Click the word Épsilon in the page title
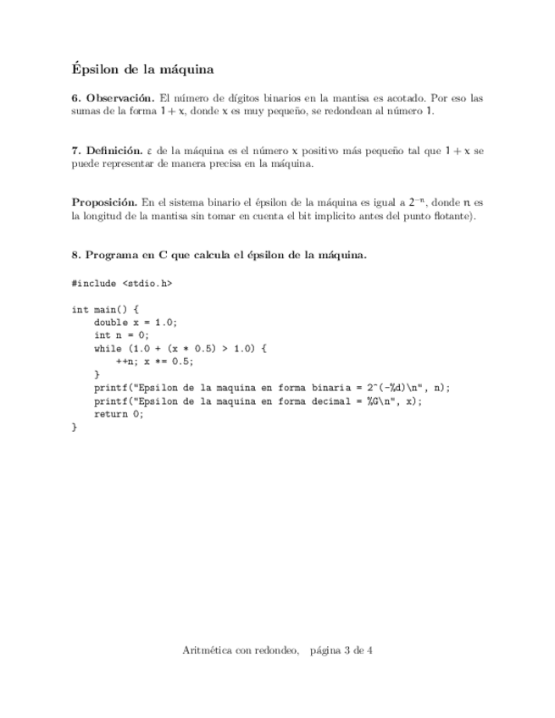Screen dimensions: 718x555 point(96,68)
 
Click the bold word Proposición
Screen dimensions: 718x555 point(104,203)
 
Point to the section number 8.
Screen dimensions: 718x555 point(75,255)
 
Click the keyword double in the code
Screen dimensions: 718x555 point(111,323)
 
